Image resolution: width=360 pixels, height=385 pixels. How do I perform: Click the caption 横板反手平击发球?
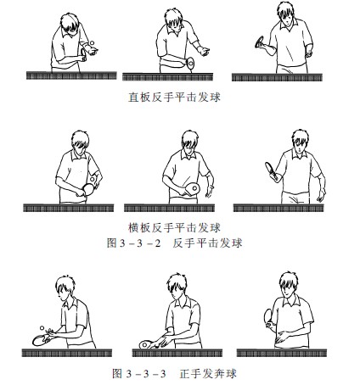tap(181, 227)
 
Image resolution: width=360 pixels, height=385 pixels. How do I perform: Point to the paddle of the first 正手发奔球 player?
tap(42, 340)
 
